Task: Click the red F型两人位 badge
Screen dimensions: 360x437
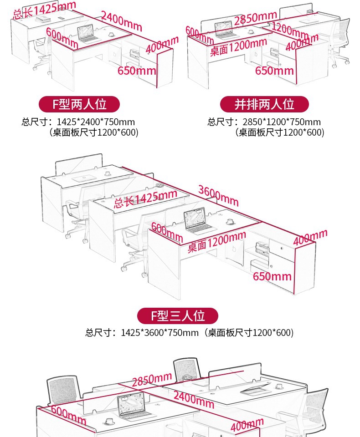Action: (x=79, y=104)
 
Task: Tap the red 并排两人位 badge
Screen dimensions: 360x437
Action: (x=264, y=104)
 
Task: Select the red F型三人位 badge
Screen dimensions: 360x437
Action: (x=178, y=315)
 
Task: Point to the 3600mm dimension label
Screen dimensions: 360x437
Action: (x=218, y=195)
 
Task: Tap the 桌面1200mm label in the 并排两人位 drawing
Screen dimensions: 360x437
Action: (x=238, y=47)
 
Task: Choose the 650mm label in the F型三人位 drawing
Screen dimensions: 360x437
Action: (x=272, y=276)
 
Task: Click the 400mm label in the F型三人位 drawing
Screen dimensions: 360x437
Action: (x=310, y=237)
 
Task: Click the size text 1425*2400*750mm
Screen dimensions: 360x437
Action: (x=96, y=122)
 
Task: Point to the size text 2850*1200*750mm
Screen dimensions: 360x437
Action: (x=282, y=122)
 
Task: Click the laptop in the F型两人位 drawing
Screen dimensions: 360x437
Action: (x=87, y=34)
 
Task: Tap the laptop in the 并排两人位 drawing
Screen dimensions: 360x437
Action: (x=226, y=30)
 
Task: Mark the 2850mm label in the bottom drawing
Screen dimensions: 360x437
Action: (x=152, y=379)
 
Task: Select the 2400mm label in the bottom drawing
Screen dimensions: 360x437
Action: (x=193, y=399)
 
